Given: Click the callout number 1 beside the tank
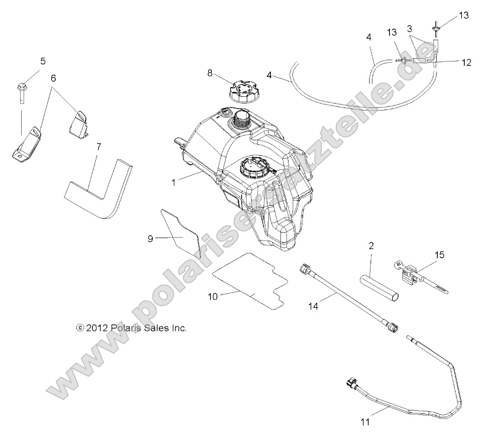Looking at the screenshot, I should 174,183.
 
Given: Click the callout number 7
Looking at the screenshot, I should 99,147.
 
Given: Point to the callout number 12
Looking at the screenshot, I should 466,62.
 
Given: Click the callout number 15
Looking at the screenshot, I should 439,255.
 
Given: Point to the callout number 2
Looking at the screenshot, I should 371,246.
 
